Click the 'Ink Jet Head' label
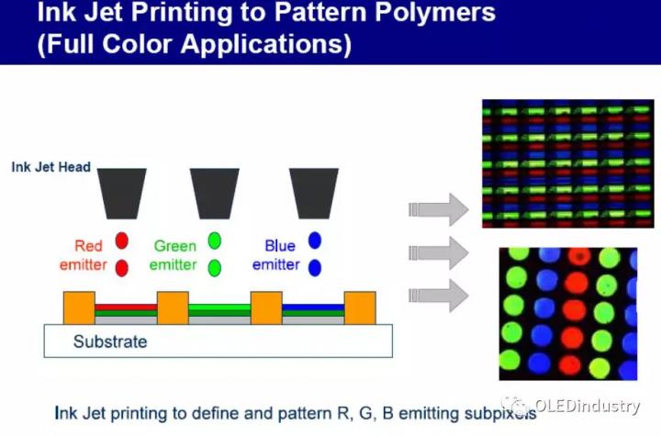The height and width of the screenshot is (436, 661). (51, 167)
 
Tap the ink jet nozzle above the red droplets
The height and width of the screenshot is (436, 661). (122, 194)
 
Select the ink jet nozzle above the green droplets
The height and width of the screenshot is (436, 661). (215, 194)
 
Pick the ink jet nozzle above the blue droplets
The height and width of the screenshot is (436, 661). (314, 194)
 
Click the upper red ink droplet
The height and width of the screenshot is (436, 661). (122, 240)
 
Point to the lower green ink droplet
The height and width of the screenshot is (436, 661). (215, 268)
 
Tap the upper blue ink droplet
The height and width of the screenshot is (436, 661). (315, 240)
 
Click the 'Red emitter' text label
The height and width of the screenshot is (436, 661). (84, 255)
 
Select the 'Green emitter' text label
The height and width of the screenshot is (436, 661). (174, 255)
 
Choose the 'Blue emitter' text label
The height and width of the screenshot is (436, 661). (276, 255)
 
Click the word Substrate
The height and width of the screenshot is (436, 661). (110, 341)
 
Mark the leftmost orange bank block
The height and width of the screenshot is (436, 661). (79, 307)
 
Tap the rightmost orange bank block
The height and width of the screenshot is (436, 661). (360, 307)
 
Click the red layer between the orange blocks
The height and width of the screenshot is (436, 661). (126, 307)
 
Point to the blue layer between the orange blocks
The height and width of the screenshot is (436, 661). (313, 307)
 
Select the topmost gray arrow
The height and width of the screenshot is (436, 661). (439, 209)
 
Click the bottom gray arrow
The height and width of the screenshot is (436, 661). (439, 296)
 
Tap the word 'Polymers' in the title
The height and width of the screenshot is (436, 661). (435, 12)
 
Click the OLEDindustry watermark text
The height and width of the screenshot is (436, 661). (588, 406)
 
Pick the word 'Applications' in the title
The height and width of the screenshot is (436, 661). (266, 44)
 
